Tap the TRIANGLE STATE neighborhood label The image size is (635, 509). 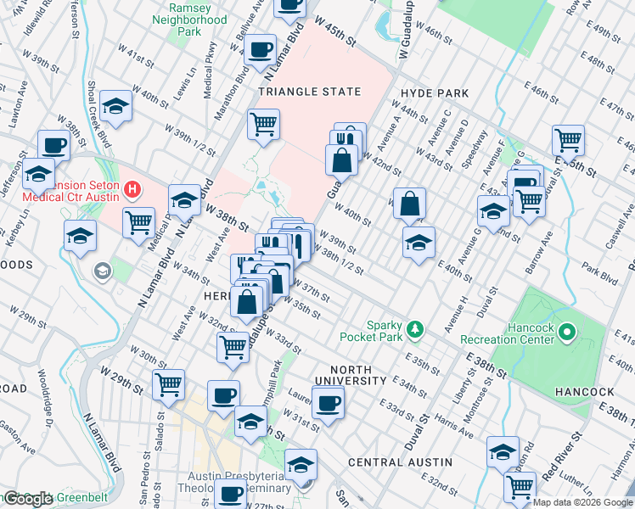(x=310, y=92)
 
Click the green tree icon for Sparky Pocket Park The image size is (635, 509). (x=414, y=327)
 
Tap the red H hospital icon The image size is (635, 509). (x=132, y=187)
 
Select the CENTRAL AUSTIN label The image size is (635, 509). (x=391, y=461)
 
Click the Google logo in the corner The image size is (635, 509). (x=28, y=499)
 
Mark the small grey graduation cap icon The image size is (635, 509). (x=102, y=271)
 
